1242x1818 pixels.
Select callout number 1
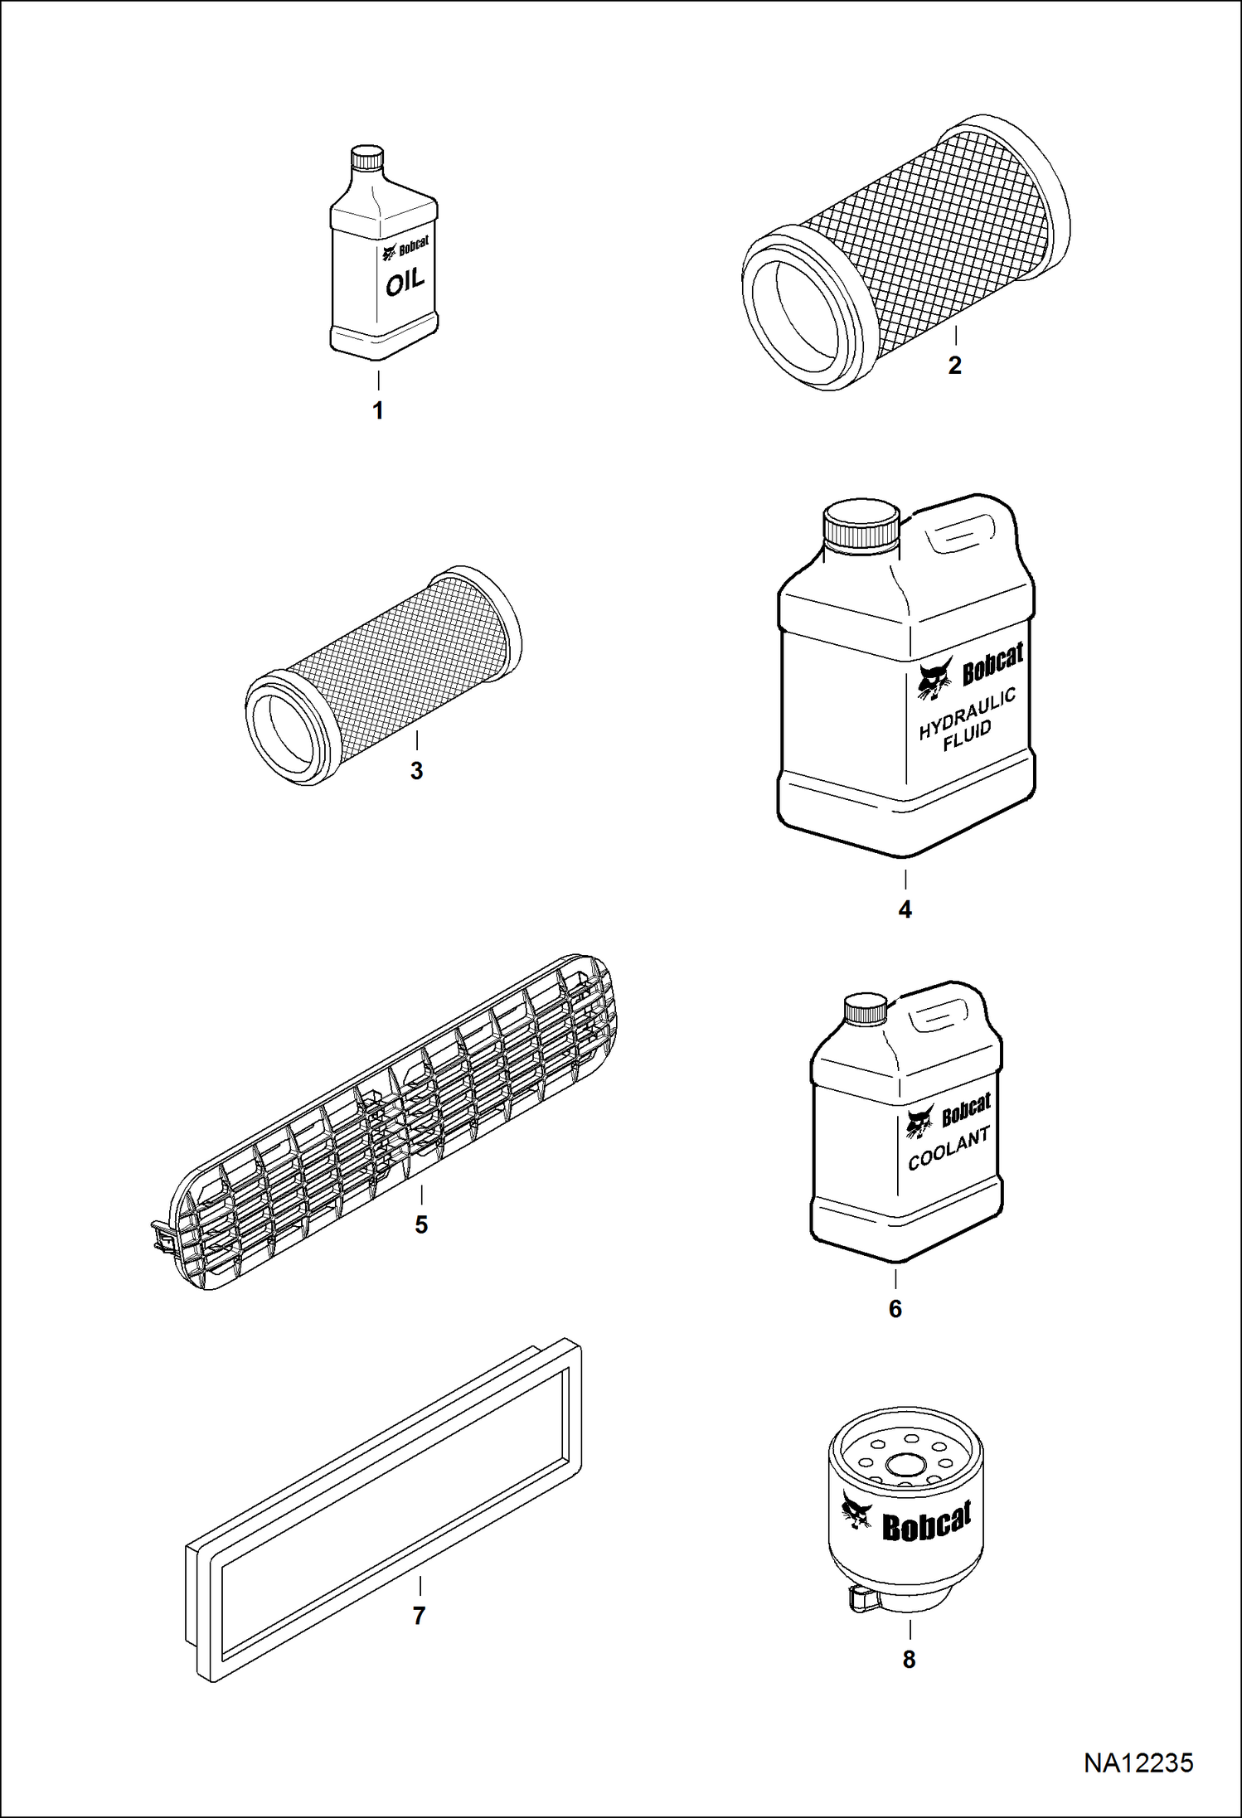378,410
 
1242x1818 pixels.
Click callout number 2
955,366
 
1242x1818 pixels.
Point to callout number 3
417,771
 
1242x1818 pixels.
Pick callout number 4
905,909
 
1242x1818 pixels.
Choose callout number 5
421,1224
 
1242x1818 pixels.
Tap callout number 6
895,1309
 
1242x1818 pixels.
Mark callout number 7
419,1616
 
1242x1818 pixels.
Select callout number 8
910,1660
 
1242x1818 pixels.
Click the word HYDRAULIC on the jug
968,714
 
